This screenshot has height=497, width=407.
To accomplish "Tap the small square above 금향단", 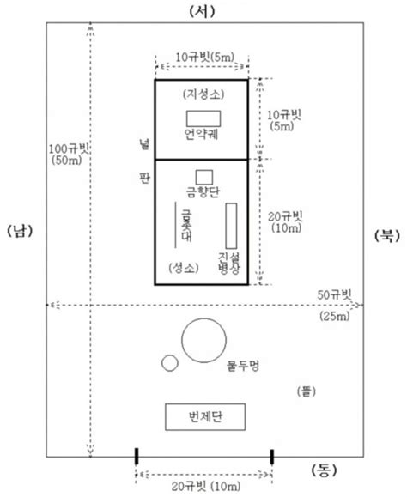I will click(203, 176).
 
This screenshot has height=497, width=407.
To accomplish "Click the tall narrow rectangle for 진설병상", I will click(231, 226).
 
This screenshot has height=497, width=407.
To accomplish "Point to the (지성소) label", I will click(203, 93).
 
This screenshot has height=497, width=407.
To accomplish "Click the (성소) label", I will click(186, 267).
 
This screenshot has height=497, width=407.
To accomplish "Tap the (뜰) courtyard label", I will click(307, 391).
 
